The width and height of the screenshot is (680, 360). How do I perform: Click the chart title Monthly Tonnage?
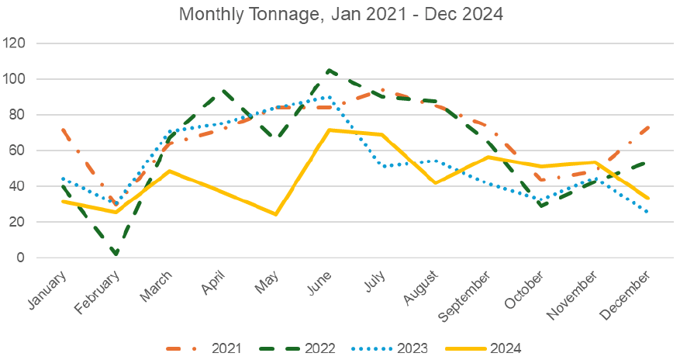coord(340,14)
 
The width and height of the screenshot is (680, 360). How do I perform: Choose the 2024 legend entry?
coord(503,348)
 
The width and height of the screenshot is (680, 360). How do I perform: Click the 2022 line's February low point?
coord(116,254)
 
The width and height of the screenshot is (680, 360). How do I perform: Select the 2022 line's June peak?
coord(330,71)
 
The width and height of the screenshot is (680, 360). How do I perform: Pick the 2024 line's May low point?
coord(276,214)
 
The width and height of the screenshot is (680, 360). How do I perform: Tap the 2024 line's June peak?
coord(330,130)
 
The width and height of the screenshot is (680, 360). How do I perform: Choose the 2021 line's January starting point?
coord(62,130)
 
